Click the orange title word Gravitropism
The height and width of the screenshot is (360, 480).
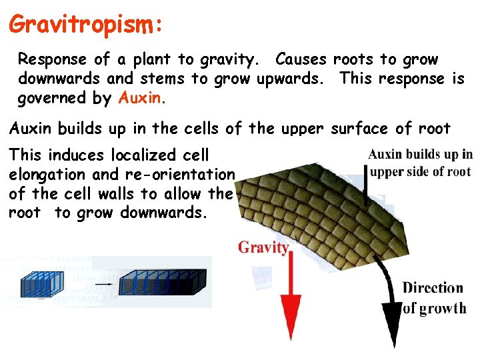point(85,25)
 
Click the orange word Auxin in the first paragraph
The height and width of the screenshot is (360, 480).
point(140,99)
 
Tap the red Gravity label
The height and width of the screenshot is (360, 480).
point(264,248)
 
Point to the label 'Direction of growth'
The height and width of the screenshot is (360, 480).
point(433,298)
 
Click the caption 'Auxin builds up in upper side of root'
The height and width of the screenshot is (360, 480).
point(420,163)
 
